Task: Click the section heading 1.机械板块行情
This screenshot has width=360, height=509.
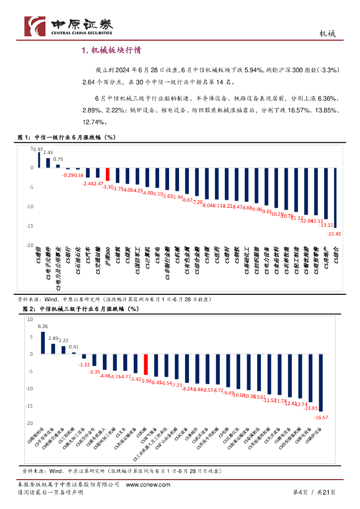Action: point(111,50)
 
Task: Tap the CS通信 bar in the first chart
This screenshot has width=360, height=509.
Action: point(39,160)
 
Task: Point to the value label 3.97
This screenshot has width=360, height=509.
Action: point(38,149)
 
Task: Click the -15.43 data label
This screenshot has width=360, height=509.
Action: point(334,233)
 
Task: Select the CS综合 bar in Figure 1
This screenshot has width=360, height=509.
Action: point(336,197)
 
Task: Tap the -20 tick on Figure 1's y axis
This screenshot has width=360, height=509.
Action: point(29,246)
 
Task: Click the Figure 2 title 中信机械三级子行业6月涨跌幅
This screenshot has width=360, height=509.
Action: point(85,309)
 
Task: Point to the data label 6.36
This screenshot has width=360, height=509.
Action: point(43,327)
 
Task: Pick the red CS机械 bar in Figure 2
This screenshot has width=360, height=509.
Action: point(146,364)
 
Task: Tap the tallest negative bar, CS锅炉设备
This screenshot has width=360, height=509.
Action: point(321,383)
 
